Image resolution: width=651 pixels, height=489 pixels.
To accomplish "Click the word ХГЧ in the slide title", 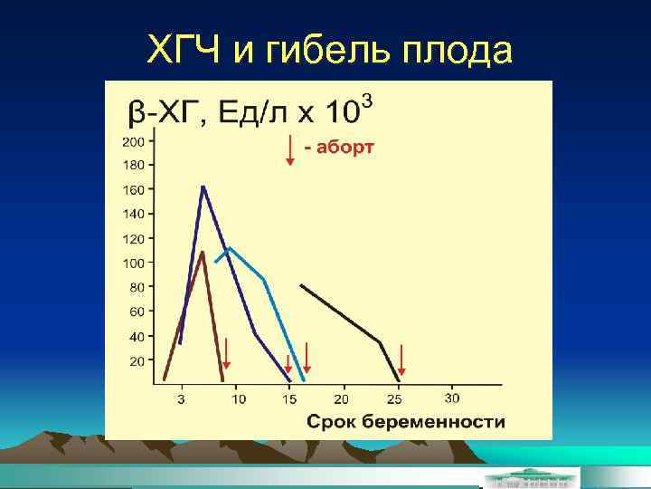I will (184, 53).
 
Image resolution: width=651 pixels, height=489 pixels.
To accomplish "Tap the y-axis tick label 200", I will (133, 141).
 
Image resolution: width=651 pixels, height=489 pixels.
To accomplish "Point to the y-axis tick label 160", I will (133, 190).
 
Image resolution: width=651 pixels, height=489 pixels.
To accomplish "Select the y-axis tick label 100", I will (133, 264).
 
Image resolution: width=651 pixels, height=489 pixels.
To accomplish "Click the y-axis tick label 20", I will (136, 361).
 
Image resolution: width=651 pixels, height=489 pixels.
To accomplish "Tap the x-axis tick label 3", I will (181, 398).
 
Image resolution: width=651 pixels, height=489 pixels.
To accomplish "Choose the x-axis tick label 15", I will (289, 398).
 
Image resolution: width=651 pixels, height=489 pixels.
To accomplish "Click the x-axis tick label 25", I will (394, 398).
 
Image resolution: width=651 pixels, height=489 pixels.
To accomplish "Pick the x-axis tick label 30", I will (451, 398).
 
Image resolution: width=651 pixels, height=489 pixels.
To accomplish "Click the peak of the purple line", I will (203, 187).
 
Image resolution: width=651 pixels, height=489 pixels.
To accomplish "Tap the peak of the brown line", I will (203, 252).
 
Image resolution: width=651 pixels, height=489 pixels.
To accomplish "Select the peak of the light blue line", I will (230, 247).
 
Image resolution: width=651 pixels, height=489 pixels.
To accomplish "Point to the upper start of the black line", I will (301, 286).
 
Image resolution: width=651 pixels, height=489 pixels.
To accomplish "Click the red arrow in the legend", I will (290, 149).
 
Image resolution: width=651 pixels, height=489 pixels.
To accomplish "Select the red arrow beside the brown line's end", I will (227, 353).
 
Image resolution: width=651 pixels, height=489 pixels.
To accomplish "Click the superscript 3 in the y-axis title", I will (366, 98).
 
